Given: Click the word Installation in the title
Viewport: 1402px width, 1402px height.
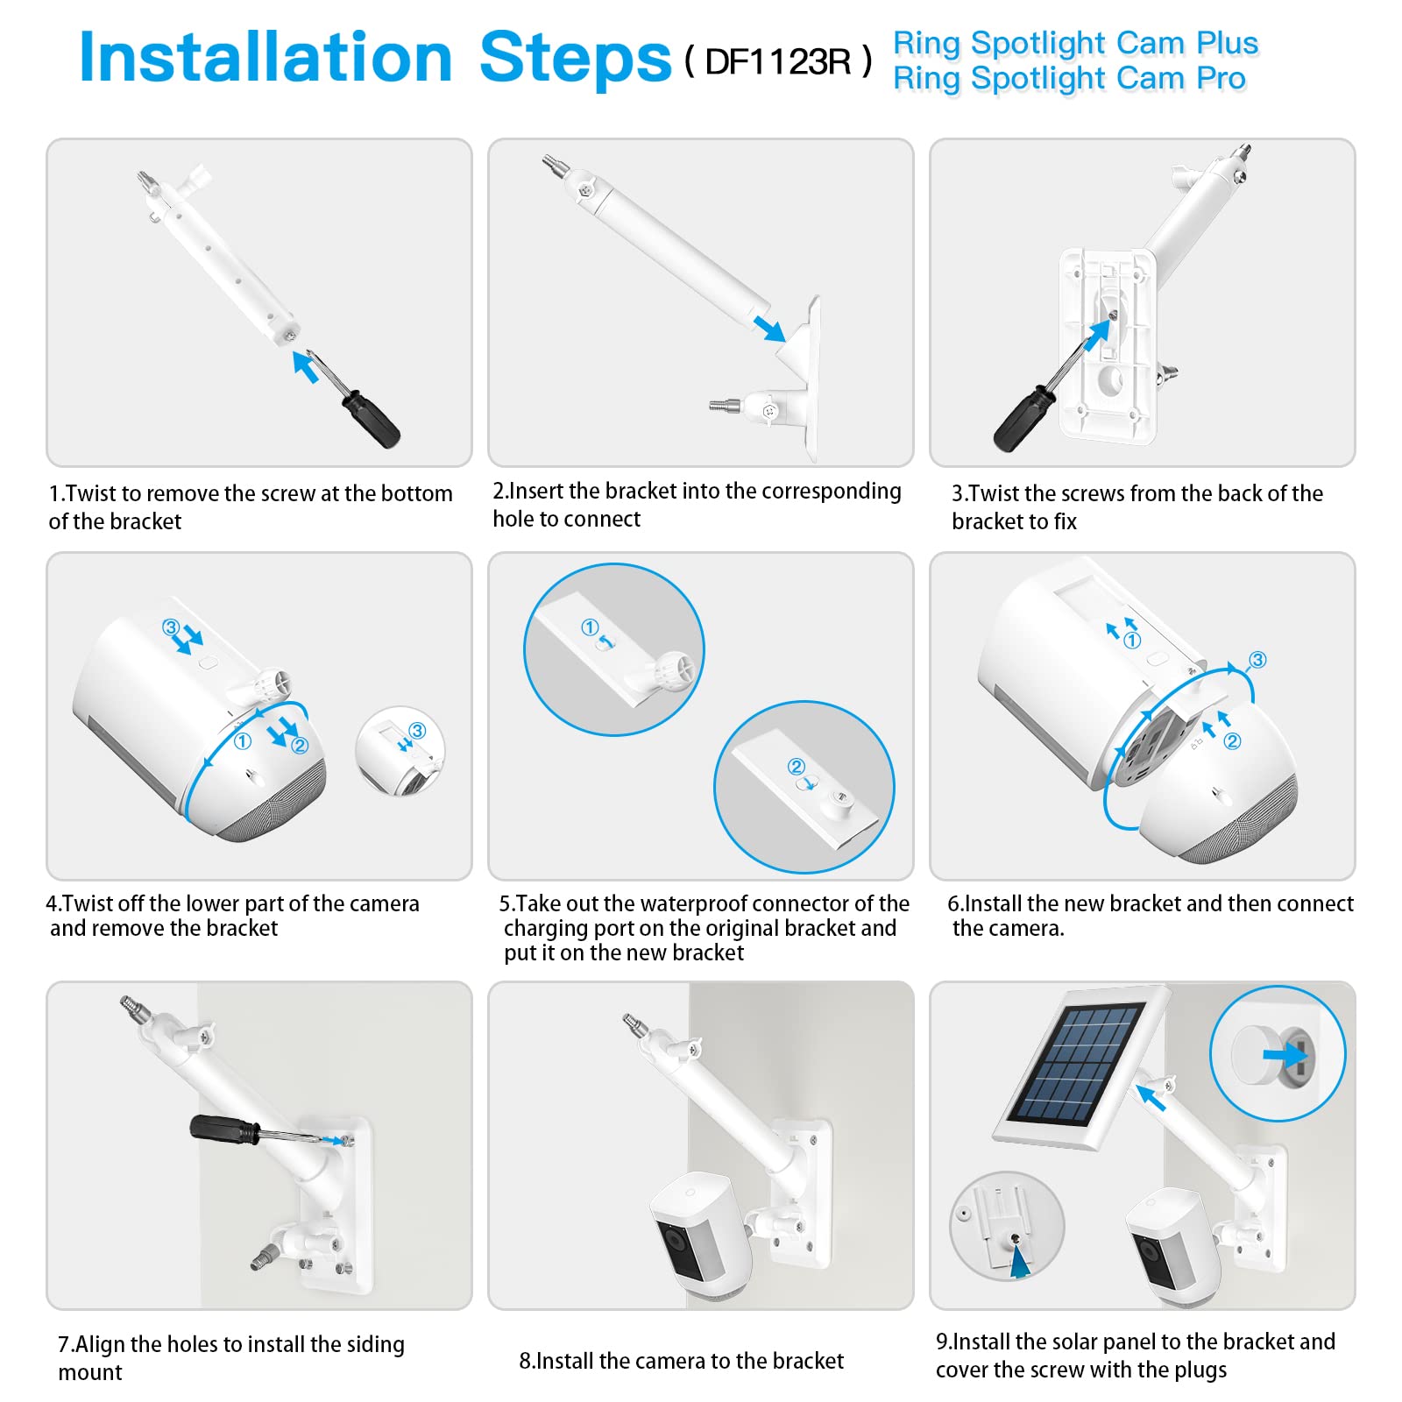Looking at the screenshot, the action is (x=266, y=57).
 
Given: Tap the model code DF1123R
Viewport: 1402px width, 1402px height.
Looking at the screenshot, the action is (x=777, y=61).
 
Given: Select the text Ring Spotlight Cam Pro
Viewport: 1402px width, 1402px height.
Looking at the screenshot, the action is (x=1069, y=79).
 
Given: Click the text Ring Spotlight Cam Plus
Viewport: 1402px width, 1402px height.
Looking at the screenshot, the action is (x=1076, y=43).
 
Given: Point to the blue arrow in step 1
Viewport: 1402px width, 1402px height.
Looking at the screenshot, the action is (x=305, y=366).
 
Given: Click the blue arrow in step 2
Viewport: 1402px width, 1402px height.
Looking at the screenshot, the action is (x=769, y=329).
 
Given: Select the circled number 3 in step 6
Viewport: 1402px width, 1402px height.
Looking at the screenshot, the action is (x=1257, y=660).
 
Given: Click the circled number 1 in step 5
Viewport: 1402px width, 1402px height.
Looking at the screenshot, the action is (x=590, y=627).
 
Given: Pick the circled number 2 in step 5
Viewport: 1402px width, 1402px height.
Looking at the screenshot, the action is (x=796, y=767).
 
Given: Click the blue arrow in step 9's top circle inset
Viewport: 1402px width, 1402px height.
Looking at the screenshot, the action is (x=1285, y=1054).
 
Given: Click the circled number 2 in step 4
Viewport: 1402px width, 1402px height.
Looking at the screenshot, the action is (x=300, y=745).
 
